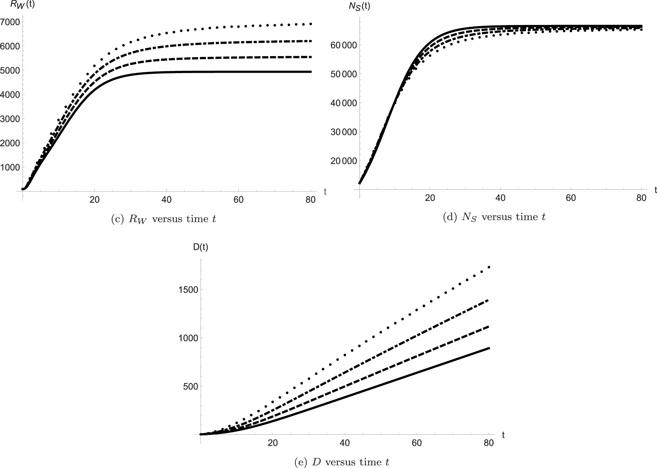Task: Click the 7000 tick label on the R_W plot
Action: [11, 22]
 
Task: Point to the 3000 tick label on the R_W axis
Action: [11, 119]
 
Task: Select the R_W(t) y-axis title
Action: [22, 6]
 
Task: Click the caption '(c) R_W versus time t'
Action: [163, 219]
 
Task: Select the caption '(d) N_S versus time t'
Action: [494, 217]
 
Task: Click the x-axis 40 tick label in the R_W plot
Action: [166, 200]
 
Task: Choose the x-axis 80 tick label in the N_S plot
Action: [641, 198]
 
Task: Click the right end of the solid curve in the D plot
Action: [489, 348]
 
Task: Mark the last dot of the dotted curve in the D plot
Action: [489, 267]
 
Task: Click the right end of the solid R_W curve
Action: [311, 72]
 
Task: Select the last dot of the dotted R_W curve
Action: [311, 24]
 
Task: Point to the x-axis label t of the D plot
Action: [503, 435]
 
